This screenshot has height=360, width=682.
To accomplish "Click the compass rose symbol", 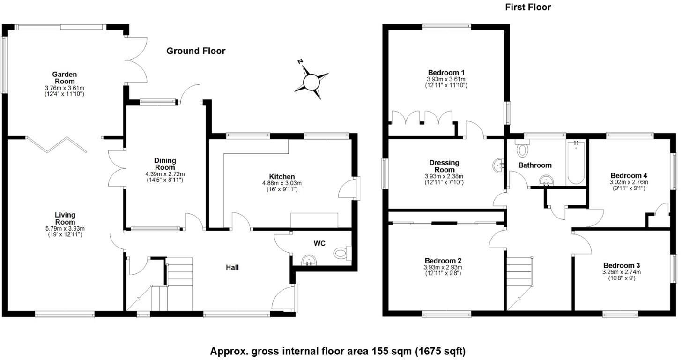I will point(311,82).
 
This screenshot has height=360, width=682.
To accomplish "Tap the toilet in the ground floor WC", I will point(342,254).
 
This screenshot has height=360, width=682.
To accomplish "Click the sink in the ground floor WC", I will point(308,260).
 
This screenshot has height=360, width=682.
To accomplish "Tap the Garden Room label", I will point(65,77).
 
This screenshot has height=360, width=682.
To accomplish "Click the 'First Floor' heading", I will point(528,7).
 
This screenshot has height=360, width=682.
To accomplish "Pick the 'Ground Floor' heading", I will point(196,51).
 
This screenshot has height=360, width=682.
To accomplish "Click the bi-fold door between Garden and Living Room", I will point(56,144).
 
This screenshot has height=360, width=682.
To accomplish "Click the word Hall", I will point(232,268).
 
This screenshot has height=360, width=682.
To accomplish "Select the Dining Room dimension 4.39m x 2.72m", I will point(165,174).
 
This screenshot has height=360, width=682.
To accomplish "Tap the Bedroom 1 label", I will point(446,73).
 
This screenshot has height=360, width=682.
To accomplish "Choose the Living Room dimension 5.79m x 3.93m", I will point(65,228).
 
